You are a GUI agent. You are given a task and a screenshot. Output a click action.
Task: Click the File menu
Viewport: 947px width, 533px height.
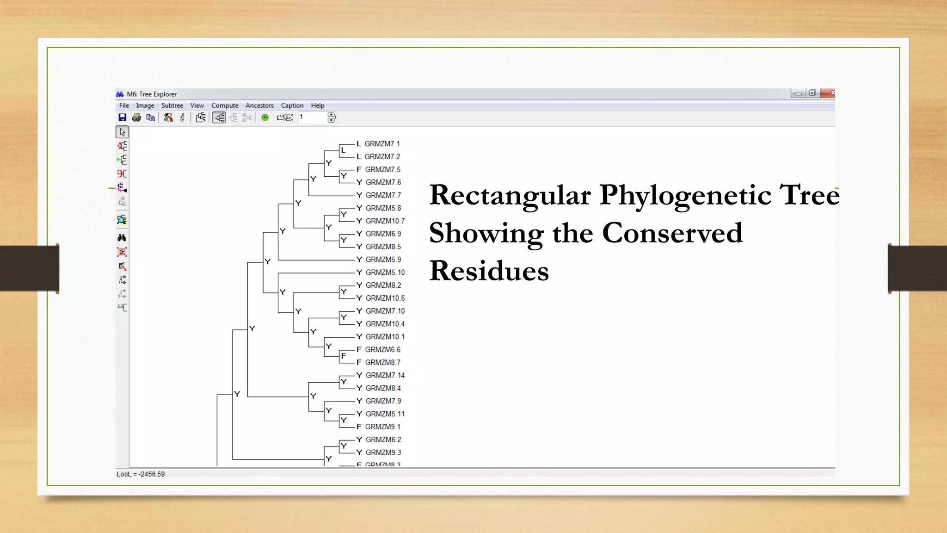[124, 105]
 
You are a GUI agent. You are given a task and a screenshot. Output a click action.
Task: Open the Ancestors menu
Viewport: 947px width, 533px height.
[259, 105]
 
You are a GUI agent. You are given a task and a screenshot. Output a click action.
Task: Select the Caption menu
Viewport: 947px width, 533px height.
[292, 105]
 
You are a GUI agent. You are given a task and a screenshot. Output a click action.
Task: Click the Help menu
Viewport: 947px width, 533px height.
[318, 105]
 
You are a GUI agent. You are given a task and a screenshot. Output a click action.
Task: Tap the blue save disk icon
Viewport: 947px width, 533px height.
[123, 118]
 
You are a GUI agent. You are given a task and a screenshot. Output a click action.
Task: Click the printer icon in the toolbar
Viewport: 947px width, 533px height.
[136, 118]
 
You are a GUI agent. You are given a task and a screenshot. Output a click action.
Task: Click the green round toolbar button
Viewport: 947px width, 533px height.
[265, 118]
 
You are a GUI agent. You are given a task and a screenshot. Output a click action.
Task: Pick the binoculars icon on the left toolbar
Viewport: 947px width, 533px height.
[122, 238]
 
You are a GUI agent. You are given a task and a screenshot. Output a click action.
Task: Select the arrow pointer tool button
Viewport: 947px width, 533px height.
[122, 132]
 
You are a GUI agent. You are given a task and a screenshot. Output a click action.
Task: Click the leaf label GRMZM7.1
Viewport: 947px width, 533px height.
[382, 144]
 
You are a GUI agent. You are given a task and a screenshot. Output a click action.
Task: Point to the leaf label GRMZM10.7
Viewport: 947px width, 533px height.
[385, 221]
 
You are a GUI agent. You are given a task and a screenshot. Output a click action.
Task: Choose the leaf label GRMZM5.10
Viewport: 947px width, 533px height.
[385, 273]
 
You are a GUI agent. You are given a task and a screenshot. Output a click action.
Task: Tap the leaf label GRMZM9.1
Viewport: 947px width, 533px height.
[382, 427]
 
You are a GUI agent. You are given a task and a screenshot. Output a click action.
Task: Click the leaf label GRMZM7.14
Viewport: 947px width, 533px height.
[385, 375]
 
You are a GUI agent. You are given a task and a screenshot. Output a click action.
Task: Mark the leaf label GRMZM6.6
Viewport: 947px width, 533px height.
[382, 350]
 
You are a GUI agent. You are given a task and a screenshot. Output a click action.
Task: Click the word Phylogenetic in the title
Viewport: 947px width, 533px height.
[685, 195]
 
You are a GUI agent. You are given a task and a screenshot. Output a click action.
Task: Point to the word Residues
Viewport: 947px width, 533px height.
[489, 271]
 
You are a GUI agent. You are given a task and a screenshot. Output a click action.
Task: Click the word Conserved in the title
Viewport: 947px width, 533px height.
[672, 233]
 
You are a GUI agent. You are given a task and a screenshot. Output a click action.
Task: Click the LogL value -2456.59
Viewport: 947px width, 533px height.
[151, 474]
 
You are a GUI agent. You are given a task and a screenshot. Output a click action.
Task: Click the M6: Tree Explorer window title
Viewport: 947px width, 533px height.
[152, 94]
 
